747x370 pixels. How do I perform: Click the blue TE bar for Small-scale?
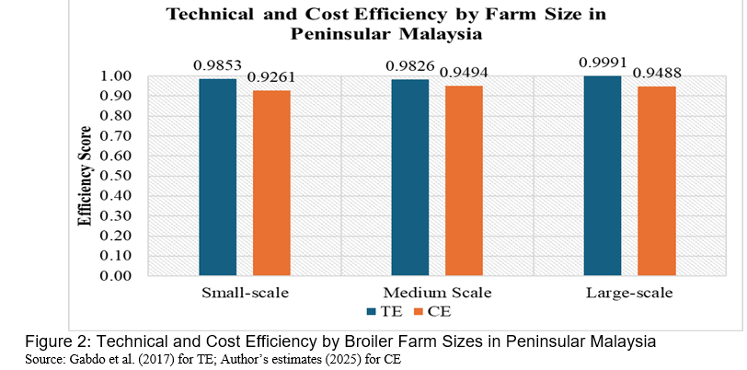(218, 177)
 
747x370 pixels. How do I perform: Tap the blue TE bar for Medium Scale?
(409, 177)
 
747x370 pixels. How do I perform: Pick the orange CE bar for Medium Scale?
(464, 180)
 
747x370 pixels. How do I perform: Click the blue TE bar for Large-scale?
(603, 175)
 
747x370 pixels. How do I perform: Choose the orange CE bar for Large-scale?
(657, 180)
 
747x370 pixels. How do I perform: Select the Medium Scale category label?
(437, 293)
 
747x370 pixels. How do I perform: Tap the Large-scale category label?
(630, 293)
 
